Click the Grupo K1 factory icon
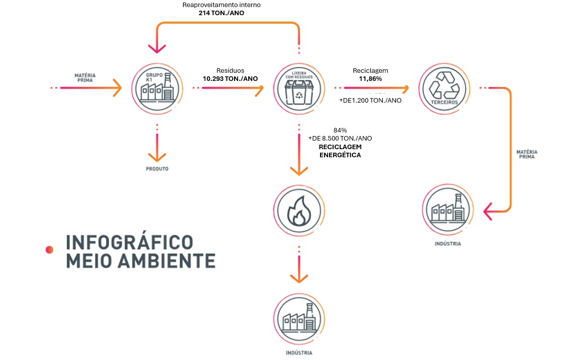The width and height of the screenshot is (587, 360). [157, 88]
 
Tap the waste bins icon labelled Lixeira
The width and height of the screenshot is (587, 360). [299, 88]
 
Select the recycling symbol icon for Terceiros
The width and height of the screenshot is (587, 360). [444, 88]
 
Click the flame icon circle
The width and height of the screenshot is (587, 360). [299, 211]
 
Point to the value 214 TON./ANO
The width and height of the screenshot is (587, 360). [221, 13]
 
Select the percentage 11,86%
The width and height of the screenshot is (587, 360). [371, 79]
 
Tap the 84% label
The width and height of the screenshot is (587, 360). [340, 130]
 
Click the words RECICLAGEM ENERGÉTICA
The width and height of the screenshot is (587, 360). [340, 151]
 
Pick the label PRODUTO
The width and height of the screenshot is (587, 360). [157, 169]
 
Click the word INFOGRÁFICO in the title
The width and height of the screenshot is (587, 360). [130, 242]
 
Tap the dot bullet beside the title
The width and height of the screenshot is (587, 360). [49, 249]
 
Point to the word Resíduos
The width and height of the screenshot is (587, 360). [230, 71]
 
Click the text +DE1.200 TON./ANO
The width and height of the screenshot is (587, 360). [370, 100]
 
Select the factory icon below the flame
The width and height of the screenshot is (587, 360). [299, 317]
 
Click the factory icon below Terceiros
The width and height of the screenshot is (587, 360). [447, 209]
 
